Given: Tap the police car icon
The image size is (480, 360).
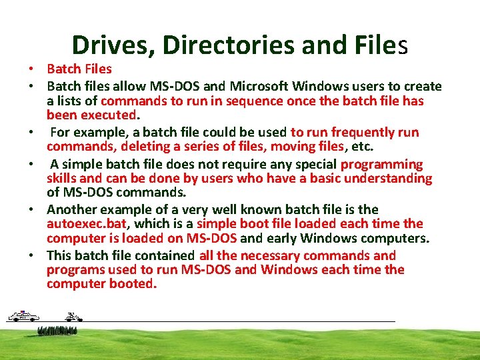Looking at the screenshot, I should [x=23, y=316].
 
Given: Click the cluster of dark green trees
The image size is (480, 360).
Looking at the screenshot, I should [x=57, y=330].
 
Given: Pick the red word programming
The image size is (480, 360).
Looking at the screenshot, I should [x=381, y=164].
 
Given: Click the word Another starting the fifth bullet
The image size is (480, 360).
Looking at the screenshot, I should [x=72, y=209].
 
